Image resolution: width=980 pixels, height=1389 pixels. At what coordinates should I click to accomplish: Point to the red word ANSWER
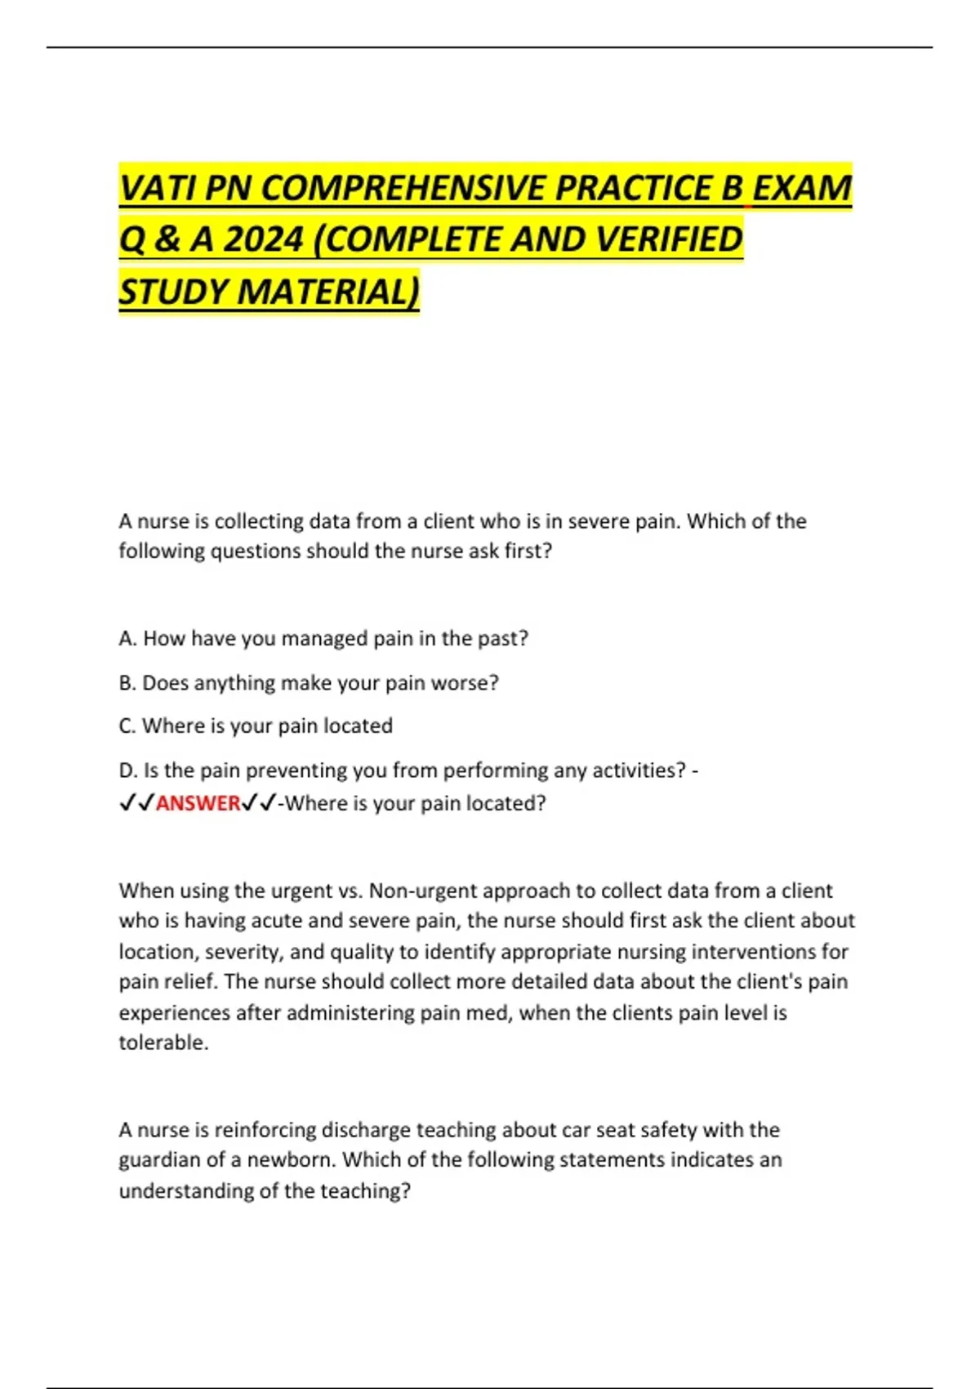[198, 803]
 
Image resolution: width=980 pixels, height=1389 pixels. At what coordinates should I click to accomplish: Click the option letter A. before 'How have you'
[127, 638]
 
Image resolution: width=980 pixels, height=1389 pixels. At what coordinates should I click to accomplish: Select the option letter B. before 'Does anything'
[127, 682]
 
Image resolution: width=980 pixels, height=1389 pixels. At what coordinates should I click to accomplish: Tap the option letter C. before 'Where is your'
[127, 726]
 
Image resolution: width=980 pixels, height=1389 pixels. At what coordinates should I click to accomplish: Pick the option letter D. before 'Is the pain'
[128, 770]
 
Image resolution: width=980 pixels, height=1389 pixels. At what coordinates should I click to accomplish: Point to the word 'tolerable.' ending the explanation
[163, 1042]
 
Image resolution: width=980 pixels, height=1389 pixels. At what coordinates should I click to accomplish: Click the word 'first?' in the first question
[528, 551]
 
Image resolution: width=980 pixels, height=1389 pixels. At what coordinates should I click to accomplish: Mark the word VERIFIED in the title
[669, 239]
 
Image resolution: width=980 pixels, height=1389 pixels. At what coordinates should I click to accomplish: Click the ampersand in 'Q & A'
[167, 239]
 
